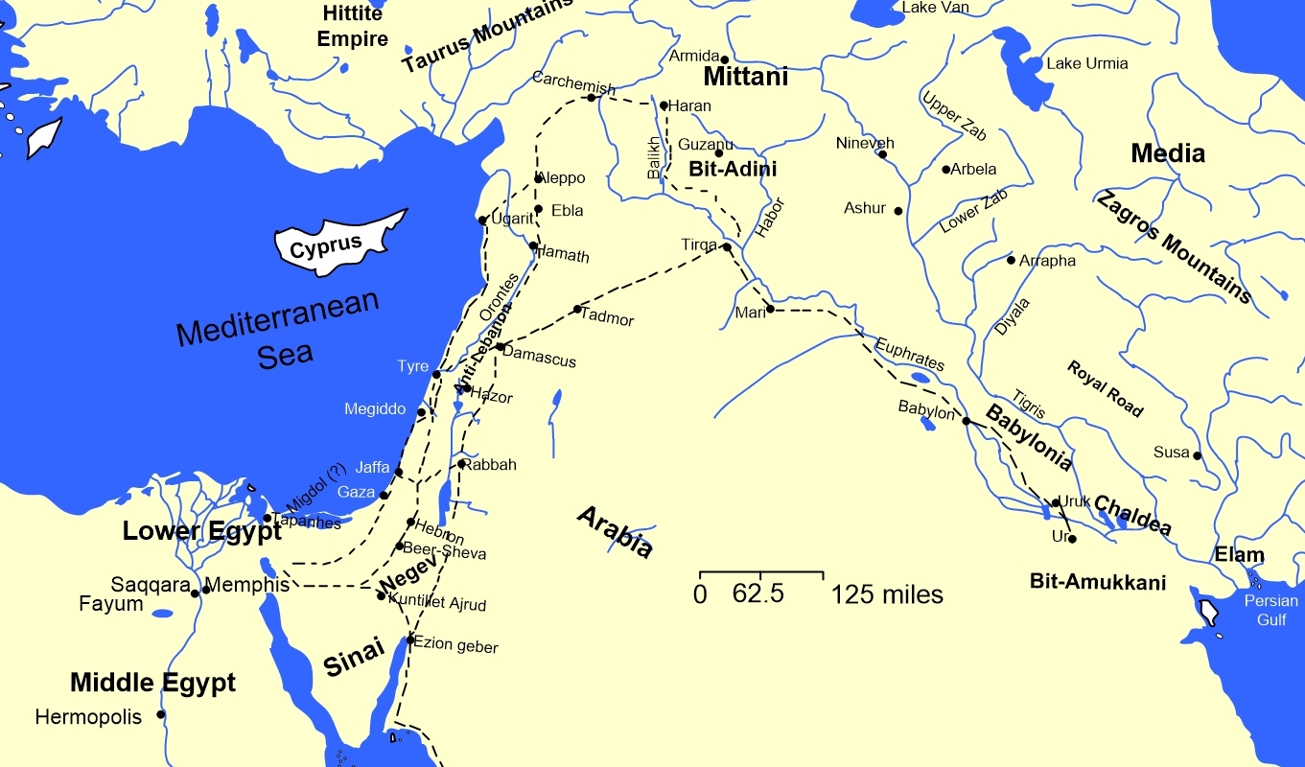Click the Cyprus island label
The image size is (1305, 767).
point(326,245)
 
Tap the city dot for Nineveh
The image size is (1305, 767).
point(882,154)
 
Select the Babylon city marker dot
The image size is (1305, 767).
point(967,421)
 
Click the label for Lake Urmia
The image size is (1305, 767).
point(1086,64)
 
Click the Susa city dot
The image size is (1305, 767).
point(1198,455)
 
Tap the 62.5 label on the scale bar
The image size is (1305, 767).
point(758,594)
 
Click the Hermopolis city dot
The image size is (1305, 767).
point(161,714)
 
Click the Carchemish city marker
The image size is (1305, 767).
point(592,98)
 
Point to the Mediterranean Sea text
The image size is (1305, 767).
point(278,331)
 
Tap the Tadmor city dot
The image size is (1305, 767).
point(577,309)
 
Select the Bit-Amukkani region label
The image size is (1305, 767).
point(1097,581)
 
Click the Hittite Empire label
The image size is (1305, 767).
point(353,27)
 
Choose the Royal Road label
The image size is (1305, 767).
point(1105,387)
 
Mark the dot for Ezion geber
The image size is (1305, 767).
point(410,639)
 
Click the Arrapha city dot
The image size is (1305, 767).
point(1011,260)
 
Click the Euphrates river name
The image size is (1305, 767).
point(909,353)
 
